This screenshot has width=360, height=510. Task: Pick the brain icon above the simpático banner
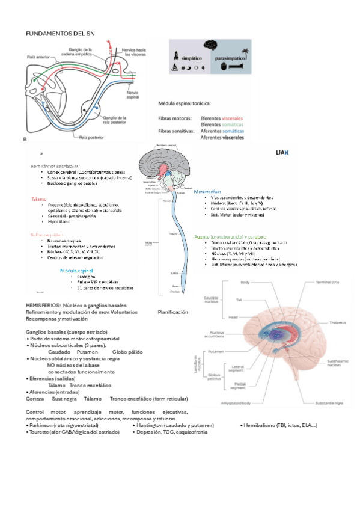(x=209, y=45)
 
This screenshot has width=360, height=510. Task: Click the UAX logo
(x=282, y=153)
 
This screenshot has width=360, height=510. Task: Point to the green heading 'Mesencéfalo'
(x=210, y=191)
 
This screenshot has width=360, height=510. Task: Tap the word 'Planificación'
(x=172, y=312)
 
